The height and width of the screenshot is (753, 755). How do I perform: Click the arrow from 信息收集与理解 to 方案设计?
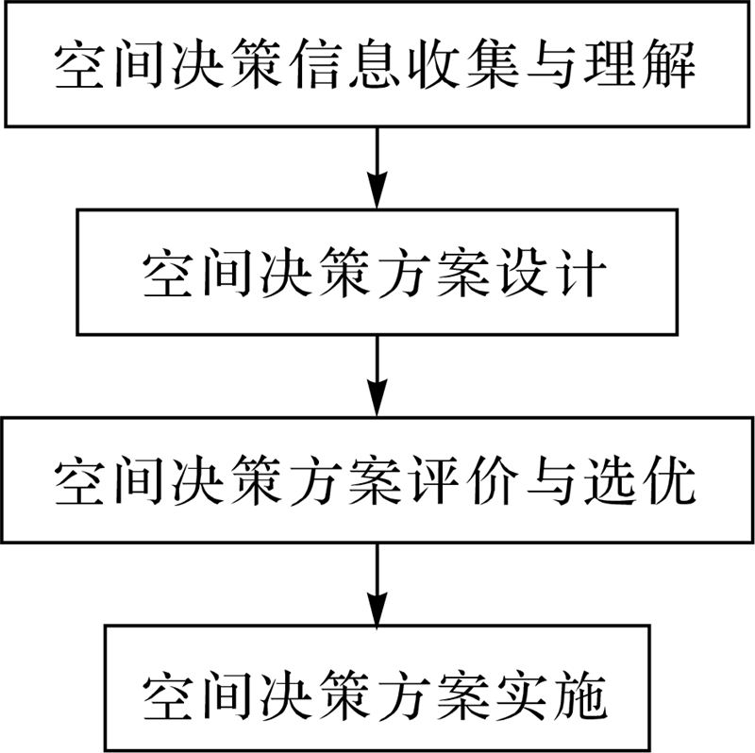pyautogui.click(x=377, y=167)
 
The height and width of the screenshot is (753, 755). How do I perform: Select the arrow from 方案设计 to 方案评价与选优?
pyautogui.click(x=377, y=375)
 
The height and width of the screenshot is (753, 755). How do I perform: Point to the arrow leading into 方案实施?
pyautogui.click(x=377, y=583)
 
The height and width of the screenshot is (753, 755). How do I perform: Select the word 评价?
pyautogui.click(x=462, y=482)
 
